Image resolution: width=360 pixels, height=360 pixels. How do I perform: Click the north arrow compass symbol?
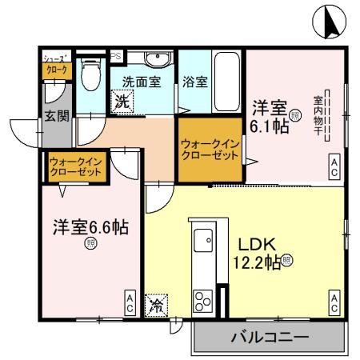[x=330, y=22]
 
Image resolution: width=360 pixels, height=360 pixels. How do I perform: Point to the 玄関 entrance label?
[x=56, y=115]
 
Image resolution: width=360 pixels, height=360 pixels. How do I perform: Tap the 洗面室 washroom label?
[x=142, y=81]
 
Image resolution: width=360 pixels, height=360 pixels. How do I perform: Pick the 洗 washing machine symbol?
[x=122, y=102]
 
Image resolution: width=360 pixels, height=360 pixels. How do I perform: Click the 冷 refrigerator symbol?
[x=157, y=305]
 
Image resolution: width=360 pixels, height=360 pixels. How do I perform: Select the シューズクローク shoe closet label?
[x=56, y=63]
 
